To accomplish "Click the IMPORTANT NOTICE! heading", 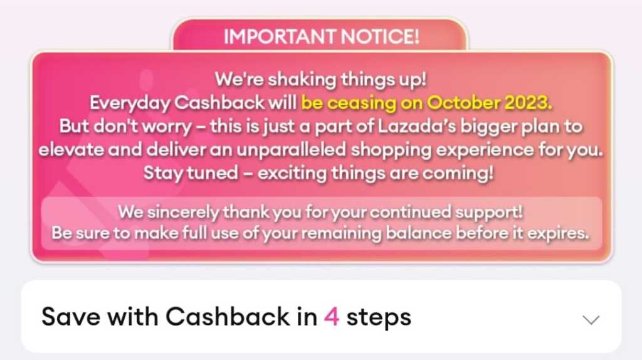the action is point(322,36).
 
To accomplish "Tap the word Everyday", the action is point(130,103).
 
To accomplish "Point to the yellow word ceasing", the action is point(362,103).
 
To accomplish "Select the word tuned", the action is point(213,172).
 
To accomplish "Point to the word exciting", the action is point(292,173).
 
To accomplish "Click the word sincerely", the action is point(183,212).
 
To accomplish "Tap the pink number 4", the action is point(332,317).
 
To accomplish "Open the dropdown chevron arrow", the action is point(591,320).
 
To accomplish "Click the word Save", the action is point(71,317).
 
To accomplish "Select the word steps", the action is point(379,318).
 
